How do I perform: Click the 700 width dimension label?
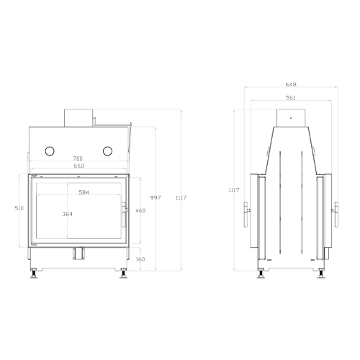coord(78,158)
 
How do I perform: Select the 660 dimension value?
coord(78,166)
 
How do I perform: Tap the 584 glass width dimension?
coord(84,192)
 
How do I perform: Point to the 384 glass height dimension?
coord(68,214)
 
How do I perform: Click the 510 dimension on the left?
coord(19,208)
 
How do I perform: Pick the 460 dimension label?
coord(140,210)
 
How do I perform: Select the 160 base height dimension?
coord(140,259)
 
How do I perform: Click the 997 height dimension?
coord(156,198)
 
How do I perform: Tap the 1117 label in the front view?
coord(181,198)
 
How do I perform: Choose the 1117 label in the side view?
coord(234,190)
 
